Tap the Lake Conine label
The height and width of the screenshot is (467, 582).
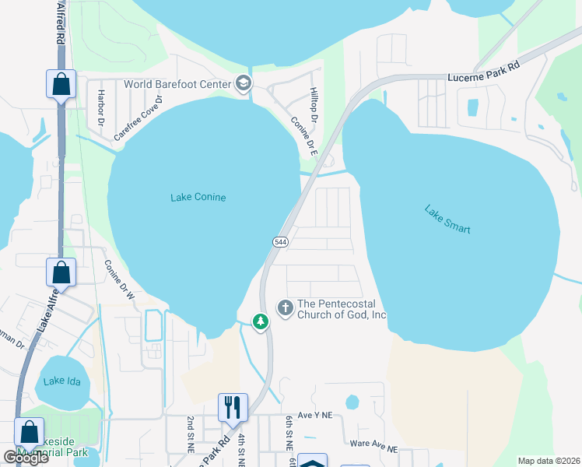coord(198,198)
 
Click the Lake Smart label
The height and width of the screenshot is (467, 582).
coord(447,219)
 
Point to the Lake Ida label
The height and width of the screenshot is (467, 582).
coord(62,381)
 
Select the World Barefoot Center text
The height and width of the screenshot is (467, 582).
coord(177,84)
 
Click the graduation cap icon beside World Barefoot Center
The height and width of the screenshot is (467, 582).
coord(244,84)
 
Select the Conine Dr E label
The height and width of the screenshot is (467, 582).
coord(303,136)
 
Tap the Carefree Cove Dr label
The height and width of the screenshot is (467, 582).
coord(139,118)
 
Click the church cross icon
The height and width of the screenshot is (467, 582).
coord(286,307)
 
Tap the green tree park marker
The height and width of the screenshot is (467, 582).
coord(261,321)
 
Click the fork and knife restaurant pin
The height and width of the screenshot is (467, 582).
coord(233,407)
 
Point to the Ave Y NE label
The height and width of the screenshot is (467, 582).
coord(314,417)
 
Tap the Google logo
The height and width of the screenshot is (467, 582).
coord(26,458)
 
